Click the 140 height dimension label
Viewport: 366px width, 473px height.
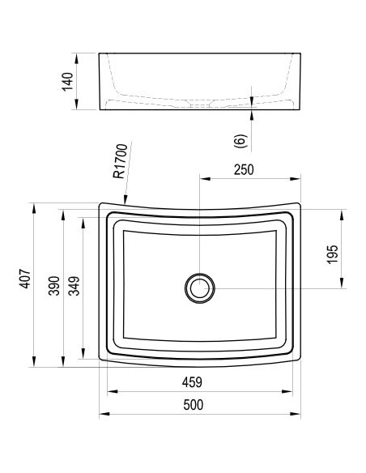(68, 81)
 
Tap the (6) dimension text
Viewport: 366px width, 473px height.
(240, 141)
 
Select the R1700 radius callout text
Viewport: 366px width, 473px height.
(121, 161)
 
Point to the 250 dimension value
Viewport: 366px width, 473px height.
(244, 169)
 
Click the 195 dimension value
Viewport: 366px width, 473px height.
(333, 254)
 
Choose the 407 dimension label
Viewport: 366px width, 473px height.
(25, 279)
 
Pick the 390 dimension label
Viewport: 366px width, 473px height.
(54, 286)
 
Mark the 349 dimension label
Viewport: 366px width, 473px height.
(74, 286)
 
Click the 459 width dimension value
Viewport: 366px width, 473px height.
(192, 382)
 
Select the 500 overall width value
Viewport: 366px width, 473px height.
(194, 405)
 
